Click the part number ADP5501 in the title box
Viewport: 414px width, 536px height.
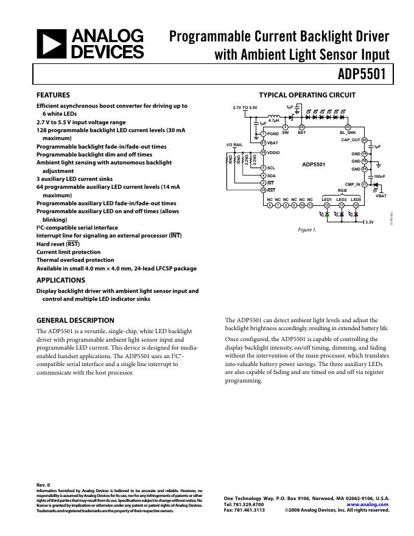click(x=363, y=74)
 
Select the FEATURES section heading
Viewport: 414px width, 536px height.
click(x=53, y=95)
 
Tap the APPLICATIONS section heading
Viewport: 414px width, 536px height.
click(x=60, y=280)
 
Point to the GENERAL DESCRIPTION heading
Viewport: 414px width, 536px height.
click(x=75, y=320)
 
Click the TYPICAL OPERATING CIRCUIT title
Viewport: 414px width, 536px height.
click(x=307, y=95)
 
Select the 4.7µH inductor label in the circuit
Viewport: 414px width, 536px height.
click(x=273, y=121)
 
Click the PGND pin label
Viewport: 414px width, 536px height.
click(x=273, y=133)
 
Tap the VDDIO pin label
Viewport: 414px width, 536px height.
click(x=274, y=152)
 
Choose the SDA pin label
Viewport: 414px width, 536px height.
click(x=272, y=175)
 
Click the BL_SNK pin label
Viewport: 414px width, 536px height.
click(x=347, y=132)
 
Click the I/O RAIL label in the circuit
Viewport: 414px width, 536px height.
click(x=234, y=144)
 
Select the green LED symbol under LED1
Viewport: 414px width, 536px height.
click(x=327, y=215)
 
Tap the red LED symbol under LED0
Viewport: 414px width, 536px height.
click(x=356, y=215)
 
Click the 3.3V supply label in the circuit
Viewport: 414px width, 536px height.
click(x=369, y=222)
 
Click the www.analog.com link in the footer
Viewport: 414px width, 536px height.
click(x=368, y=504)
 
